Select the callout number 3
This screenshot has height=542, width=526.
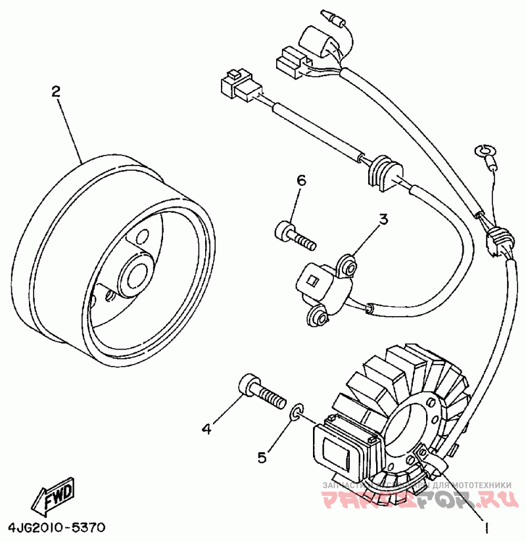click(x=384, y=219)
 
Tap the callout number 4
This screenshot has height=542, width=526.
click(x=206, y=429)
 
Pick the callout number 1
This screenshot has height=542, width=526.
click(x=487, y=527)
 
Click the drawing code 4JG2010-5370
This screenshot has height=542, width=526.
click(x=57, y=528)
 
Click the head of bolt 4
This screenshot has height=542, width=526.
click(x=249, y=384)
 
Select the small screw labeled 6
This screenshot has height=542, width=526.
click(x=294, y=235)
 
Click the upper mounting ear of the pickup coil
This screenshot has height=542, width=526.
click(x=348, y=265)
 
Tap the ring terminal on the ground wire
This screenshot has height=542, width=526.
click(x=486, y=152)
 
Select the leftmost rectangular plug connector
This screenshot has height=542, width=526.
click(x=237, y=86)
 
